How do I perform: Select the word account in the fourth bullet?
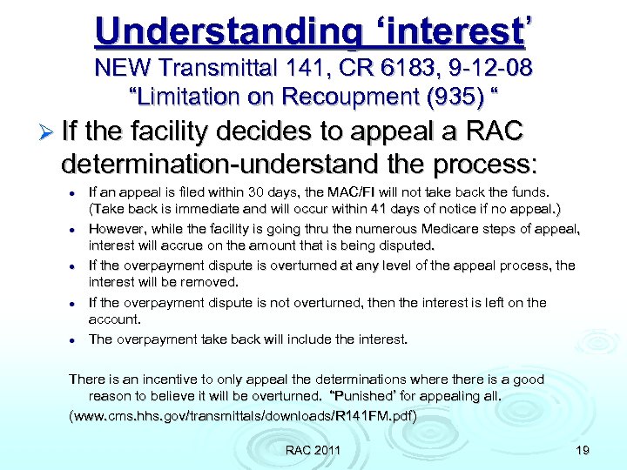pyautogui.click(x=113, y=319)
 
